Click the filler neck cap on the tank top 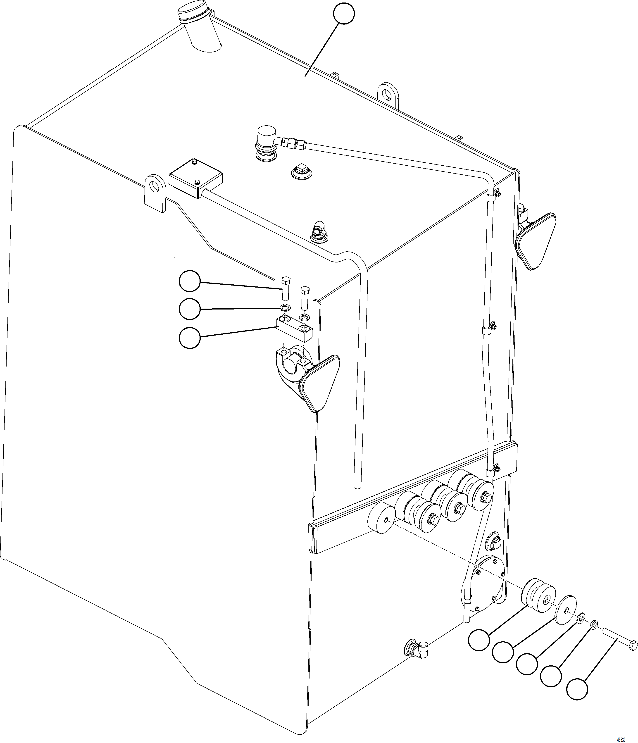point(194,15)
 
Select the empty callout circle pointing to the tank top point(344,14)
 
